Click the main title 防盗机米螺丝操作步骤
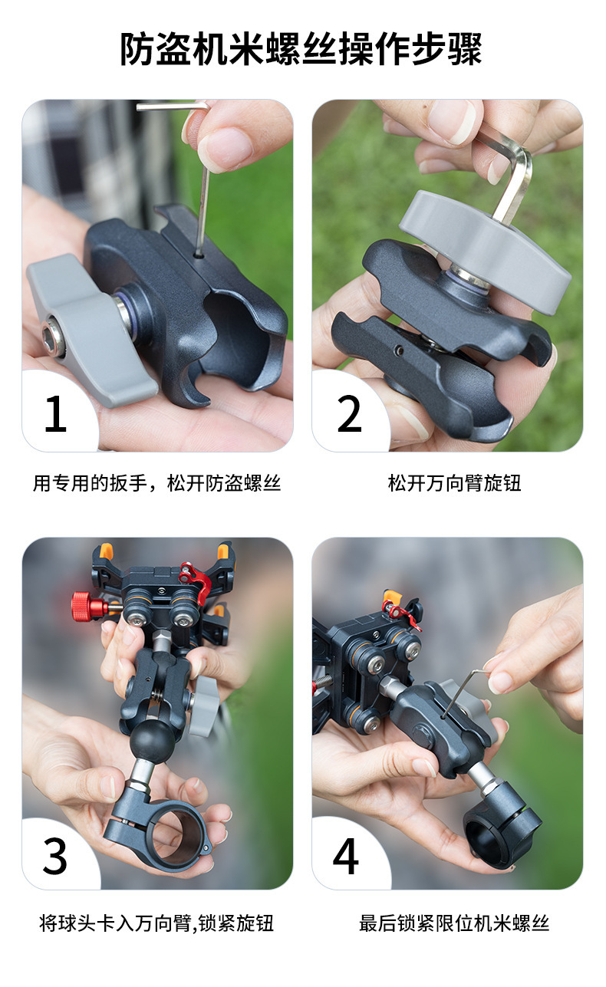tap(301, 49)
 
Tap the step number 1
tap(56, 414)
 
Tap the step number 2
tap(349, 413)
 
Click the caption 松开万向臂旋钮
tap(454, 483)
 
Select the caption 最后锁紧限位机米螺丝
tap(454, 923)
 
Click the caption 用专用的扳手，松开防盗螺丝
tap(157, 483)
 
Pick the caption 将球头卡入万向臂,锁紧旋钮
tap(157, 923)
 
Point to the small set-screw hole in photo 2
tap(400, 350)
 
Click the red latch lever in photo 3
tap(195, 581)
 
